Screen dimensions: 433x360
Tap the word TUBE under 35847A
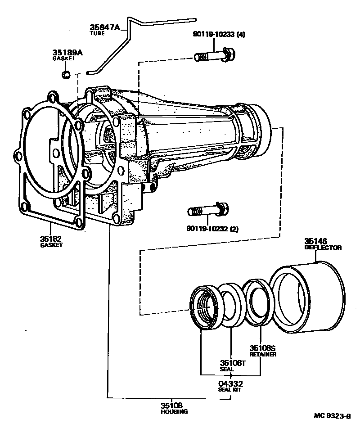click(x=97, y=33)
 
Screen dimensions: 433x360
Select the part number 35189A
click(x=67, y=53)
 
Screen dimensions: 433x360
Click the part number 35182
click(x=51, y=239)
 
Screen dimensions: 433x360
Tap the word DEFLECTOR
click(x=323, y=248)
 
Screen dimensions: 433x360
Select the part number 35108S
click(x=263, y=348)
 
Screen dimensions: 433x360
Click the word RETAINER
click(x=262, y=354)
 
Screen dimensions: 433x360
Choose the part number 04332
click(x=230, y=383)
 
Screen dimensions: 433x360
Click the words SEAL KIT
click(x=230, y=390)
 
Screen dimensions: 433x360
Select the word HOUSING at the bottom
click(x=174, y=411)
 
